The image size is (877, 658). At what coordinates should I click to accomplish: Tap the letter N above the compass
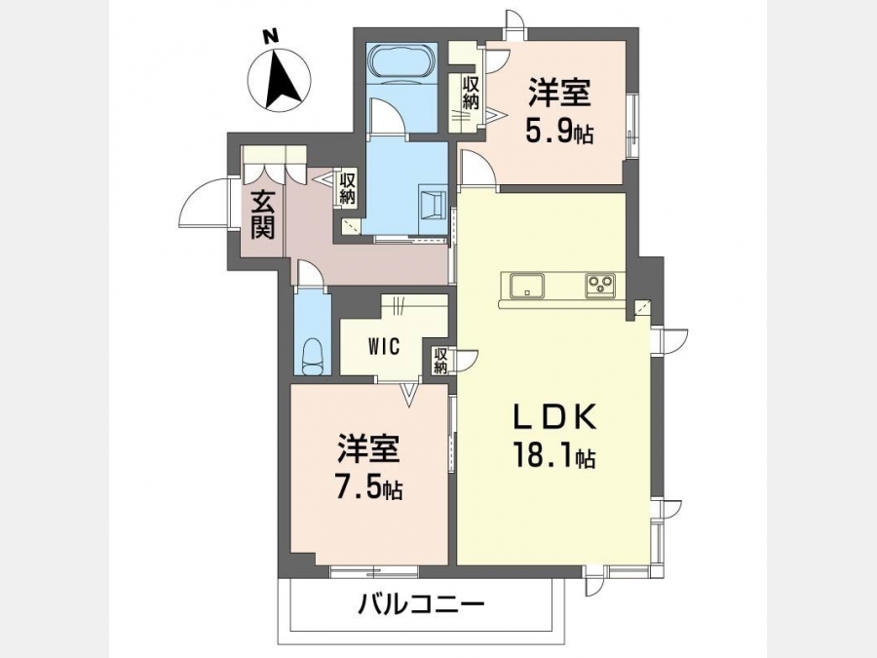(272, 36)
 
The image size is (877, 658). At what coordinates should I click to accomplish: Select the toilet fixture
(313, 357)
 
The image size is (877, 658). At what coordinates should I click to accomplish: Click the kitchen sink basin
(526, 286)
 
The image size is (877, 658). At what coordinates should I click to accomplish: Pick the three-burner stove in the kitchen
(600, 286)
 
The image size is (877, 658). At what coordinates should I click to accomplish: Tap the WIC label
(384, 347)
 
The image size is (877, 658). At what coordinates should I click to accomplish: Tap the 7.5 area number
(368, 488)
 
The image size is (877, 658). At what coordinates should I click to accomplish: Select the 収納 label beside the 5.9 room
(471, 93)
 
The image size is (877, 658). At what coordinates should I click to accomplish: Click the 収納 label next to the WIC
(440, 361)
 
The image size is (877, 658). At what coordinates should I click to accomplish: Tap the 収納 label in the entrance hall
(347, 189)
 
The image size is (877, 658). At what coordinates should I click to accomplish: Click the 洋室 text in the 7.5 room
(368, 448)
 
